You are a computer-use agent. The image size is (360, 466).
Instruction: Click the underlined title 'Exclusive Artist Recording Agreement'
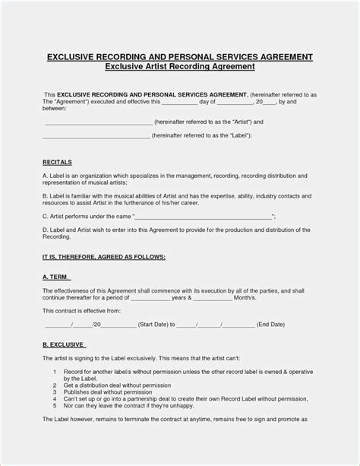tap(180, 67)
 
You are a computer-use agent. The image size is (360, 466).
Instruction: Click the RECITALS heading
tap(58, 163)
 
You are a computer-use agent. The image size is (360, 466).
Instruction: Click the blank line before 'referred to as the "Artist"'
tap(99, 122)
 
